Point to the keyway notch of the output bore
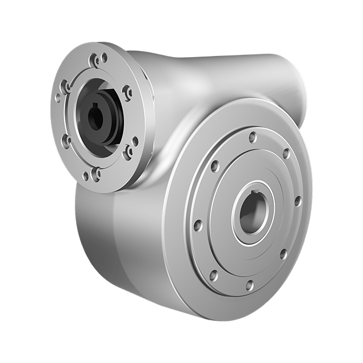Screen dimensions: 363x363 [x=260, y=199]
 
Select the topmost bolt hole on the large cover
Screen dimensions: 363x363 [x=252, y=135]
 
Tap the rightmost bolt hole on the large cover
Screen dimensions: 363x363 [x=297, y=201]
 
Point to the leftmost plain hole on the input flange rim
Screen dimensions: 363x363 [x=58, y=98]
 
